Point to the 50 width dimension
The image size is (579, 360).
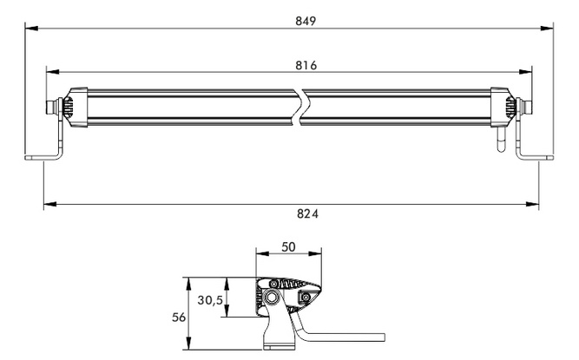pos(289,247)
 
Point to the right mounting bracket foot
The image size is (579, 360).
pos(538,157)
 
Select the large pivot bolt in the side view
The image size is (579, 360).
pos(273,298)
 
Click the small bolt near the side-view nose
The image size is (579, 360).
pos(306,298)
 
